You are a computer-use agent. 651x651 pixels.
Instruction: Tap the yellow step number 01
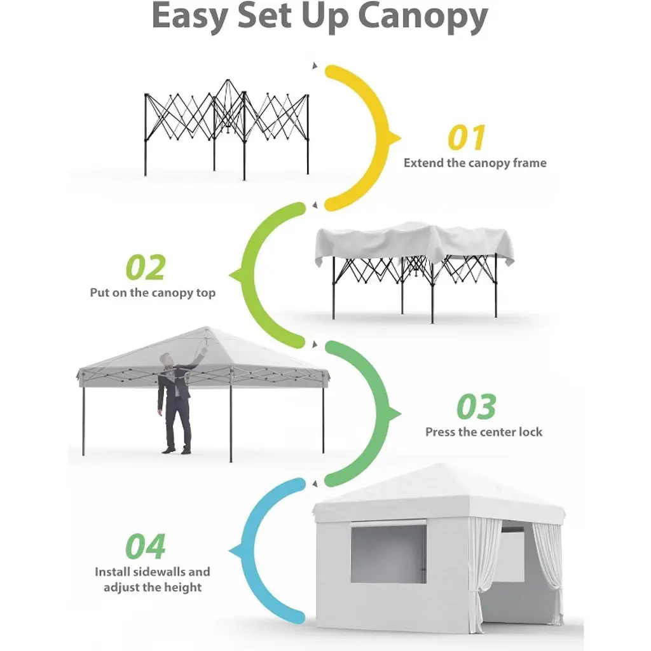click(466, 137)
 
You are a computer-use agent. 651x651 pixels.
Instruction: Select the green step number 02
click(146, 268)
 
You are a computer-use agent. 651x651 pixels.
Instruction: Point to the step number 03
click(476, 406)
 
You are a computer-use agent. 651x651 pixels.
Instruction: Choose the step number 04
click(146, 546)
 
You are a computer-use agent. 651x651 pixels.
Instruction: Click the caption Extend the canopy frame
click(475, 163)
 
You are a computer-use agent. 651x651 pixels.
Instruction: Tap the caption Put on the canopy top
click(153, 292)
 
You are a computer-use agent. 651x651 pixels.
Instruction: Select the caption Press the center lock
click(484, 432)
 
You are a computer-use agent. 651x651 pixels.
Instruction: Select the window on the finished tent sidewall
click(388, 554)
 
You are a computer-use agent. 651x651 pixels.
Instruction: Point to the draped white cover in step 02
click(414, 244)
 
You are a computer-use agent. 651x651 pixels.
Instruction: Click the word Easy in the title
click(190, 17)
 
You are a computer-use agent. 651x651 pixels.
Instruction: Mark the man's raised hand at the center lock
click(204, 350)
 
